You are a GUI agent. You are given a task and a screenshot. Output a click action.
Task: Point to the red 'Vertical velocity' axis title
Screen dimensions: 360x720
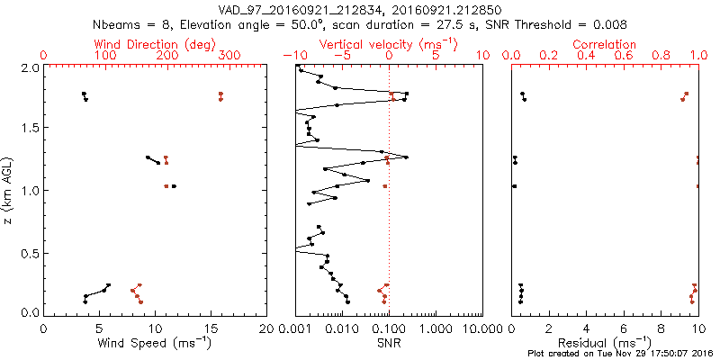point(388,44)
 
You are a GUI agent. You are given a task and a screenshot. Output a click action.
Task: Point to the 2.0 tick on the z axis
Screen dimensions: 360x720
point(31,67)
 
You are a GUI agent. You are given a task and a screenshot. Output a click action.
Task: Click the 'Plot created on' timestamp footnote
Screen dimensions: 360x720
point(620,353)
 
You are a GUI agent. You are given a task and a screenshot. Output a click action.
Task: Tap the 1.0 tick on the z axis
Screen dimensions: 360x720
point(31,191)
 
